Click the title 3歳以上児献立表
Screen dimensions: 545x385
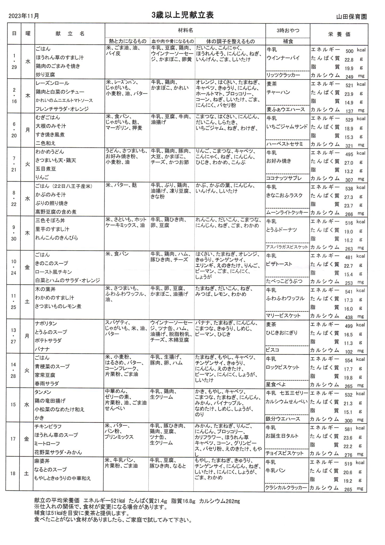182,15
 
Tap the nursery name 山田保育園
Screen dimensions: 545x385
351,17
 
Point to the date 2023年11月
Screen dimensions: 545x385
24,16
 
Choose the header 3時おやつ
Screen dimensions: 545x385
288,30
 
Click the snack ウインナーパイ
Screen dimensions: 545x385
279,58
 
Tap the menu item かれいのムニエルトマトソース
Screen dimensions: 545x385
64,100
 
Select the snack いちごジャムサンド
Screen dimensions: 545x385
287,126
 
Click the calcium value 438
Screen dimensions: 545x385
349,317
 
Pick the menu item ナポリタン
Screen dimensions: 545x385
46,324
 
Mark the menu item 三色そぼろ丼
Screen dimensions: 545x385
50,221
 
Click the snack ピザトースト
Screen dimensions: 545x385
279,264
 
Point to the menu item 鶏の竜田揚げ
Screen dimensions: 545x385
50,401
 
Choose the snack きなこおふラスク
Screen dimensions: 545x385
284,195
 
